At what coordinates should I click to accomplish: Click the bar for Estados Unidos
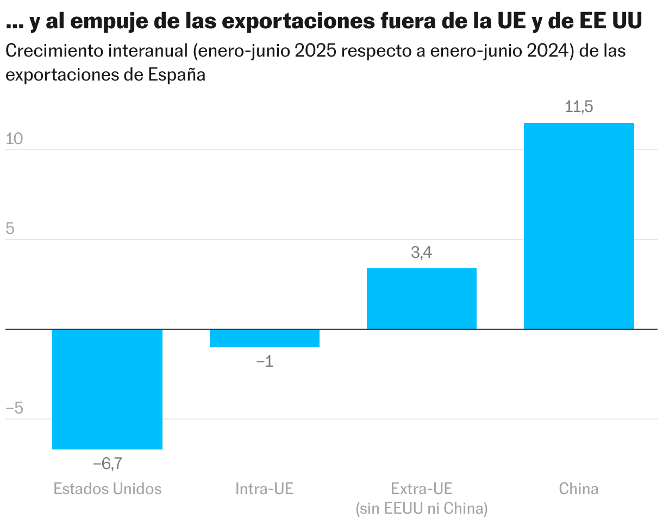pyautogui.click(x=107, y=389)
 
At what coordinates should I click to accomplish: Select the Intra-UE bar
pyautogui.click(x=265, y=338)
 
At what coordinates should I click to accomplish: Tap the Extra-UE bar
pyautogui.click(x=422, y=299)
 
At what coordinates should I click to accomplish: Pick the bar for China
pyautogui.click(x=579, y=226)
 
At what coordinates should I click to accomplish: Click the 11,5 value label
pyautogui.click(x=579, y=107)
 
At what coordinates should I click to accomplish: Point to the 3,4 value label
pyautogui.click(x=422, y=253)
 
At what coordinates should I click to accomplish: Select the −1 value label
pyautogui.click(x=265, y=361)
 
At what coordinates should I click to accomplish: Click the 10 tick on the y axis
pyautogui.click(x=14, y=139)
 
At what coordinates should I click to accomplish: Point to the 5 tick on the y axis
pyautogui.click(x=10, y=229)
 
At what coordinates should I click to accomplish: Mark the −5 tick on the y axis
pyautogui.click(x=14, y=409)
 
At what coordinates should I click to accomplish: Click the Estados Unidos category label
pyautogui.click(x=108, y=489)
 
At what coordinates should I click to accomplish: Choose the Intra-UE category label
pyautogui.click(x=265, y=489)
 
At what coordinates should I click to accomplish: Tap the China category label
pyautogui.click(x=579, y=489)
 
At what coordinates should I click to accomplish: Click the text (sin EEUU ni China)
pyautogui.click(x=422, y=509)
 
